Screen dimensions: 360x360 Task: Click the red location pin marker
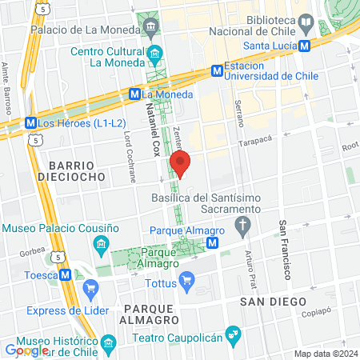pos(180,162)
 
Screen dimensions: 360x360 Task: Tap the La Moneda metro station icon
pos(135,94)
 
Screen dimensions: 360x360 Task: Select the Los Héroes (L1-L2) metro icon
pos(30,123)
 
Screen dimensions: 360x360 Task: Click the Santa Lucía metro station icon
pos(305,46)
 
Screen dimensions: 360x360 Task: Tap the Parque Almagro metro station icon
pos(212,242)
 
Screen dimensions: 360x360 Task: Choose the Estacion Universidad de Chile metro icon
pos(217,70)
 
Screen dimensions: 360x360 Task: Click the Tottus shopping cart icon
pos(187,280)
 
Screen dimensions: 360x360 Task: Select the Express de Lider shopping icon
pos(90,289)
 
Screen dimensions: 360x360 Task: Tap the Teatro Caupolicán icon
pos(232,332)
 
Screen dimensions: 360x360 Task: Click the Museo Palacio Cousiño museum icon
pos(101,243)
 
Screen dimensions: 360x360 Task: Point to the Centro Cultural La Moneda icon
pos(154,54)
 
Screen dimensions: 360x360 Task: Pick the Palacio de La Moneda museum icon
pos(150,28)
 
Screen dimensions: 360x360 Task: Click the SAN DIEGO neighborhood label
pos(273,301)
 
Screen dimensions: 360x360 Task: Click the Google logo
pos(26,350)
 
